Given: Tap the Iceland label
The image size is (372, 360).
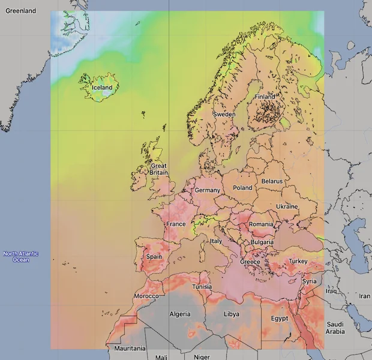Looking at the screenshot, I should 101,88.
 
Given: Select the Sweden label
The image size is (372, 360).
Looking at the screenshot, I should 224,114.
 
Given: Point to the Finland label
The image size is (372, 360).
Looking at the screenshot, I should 265,97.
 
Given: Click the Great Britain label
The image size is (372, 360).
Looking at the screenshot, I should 158,169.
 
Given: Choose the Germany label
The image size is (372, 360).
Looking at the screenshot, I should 208,190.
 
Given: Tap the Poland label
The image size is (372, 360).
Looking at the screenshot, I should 243,188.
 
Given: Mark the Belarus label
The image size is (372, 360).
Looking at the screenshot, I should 272,181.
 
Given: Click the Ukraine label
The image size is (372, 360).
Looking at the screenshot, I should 287,206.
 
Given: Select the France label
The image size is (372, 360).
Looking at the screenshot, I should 176,224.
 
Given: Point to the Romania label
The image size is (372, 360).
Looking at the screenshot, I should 261,224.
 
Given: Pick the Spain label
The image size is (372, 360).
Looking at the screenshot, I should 154,257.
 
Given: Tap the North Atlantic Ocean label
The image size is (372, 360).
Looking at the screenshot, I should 21,256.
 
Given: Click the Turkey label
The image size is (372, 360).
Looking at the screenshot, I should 298,262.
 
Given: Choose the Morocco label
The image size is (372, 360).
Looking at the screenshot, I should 146,296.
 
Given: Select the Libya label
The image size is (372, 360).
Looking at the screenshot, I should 231,314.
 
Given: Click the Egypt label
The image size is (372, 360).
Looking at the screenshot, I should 280,318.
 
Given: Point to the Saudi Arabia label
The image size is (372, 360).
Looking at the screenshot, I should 335,328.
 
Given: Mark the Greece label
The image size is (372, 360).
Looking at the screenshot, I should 250,262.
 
